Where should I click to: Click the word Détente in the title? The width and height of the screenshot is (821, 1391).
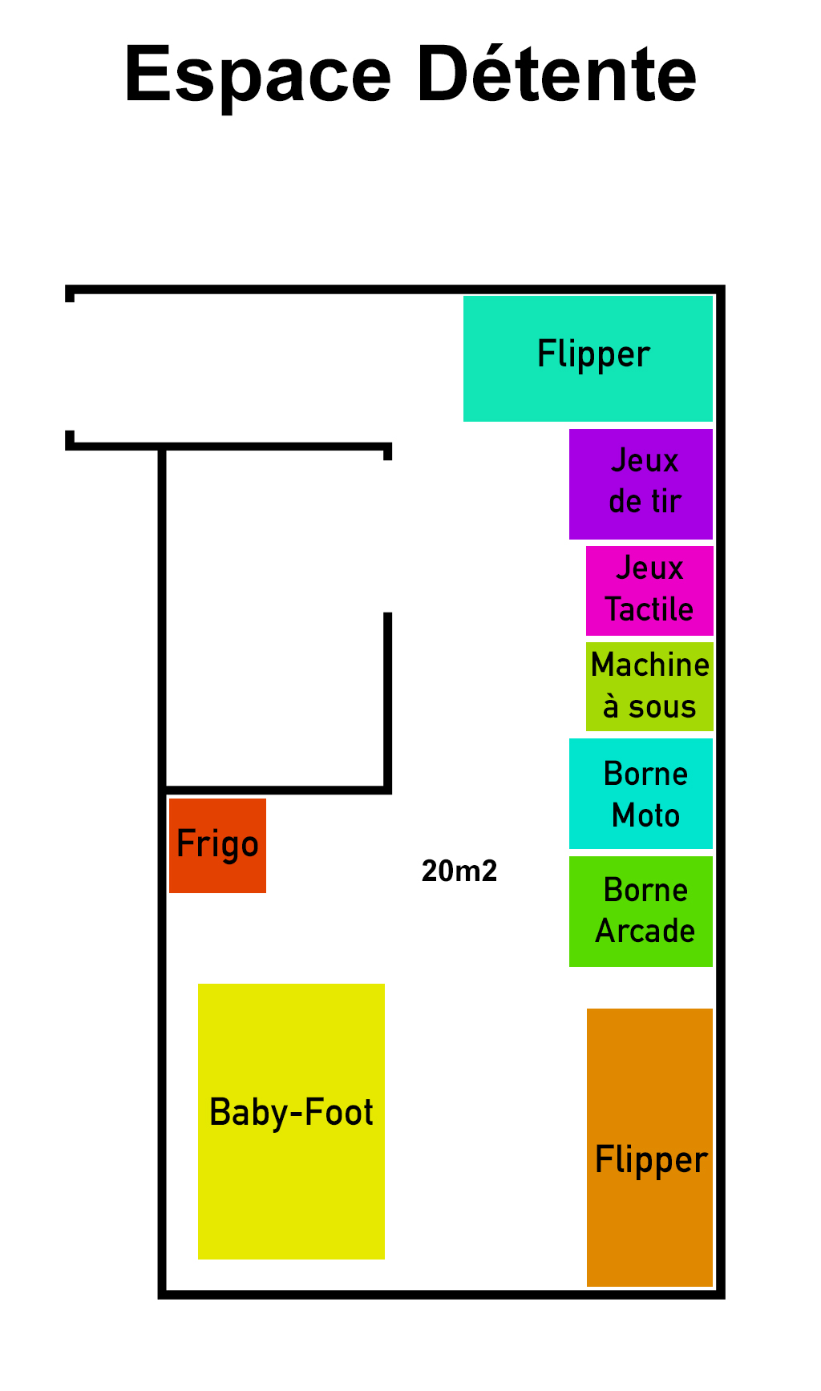(x=556, y=74)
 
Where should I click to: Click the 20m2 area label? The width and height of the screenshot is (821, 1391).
(x=459, y=871)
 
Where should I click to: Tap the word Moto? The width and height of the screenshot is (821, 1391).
(x=645, y=816)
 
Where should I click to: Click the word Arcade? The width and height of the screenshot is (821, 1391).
(x=645, y=932)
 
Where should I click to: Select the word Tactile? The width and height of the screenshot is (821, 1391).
(x=649, y=609)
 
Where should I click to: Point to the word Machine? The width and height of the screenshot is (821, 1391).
(x=650, y=665)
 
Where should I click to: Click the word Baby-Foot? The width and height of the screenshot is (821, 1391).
(x=291, y=1113)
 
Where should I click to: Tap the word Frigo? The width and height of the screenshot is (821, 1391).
(x=217, y=844)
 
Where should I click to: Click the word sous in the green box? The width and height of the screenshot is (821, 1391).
(x=662, y=707)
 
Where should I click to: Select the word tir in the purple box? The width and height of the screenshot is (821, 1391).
(x=667, y=502)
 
